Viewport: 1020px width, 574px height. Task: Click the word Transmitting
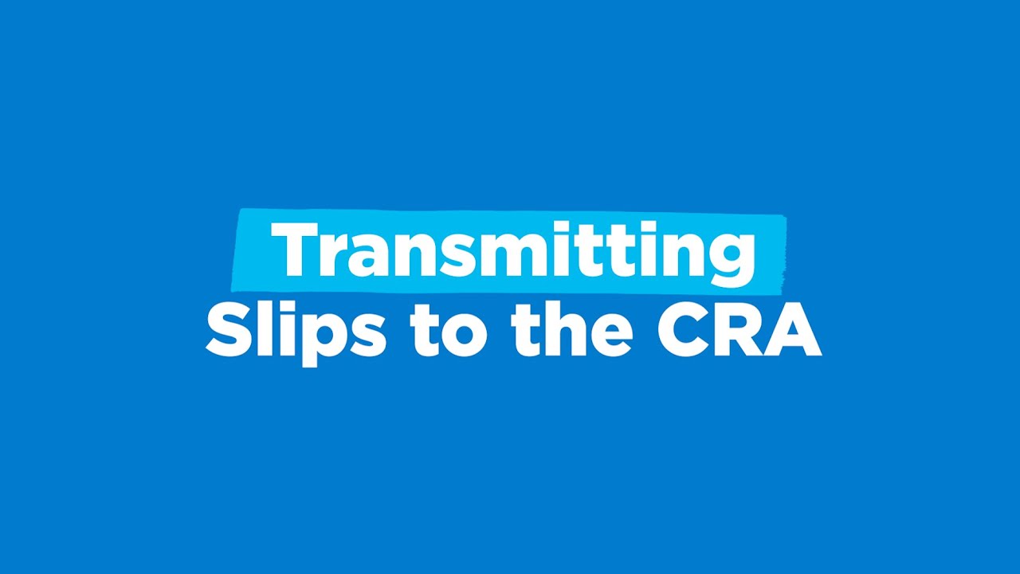(512, 251)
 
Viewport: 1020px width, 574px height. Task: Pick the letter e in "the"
(611, 336)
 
